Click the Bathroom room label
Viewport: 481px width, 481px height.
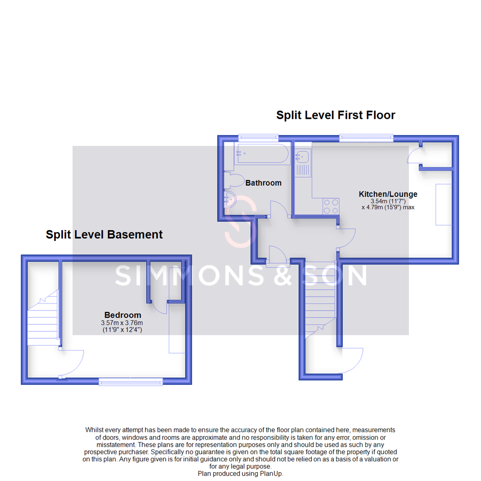(x=263, y=183)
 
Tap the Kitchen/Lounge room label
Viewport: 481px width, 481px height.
(x=388, y=194)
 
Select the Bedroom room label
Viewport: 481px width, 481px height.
(x=122, y=315)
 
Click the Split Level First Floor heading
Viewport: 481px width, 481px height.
(x=335, y=115)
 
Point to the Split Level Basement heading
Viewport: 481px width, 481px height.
(x=104, y=234)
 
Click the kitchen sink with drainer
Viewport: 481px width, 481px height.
(x=303, y=163)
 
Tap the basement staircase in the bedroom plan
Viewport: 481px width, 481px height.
(x=43, y=318)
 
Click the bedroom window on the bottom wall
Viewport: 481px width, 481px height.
(x=130, y=381)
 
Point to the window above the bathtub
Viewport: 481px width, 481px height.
(x=258, y=138)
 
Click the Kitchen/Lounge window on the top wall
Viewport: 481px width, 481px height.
(x=366, y=138)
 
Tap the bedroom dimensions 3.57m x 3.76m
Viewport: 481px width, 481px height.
(x=122, y=323)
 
